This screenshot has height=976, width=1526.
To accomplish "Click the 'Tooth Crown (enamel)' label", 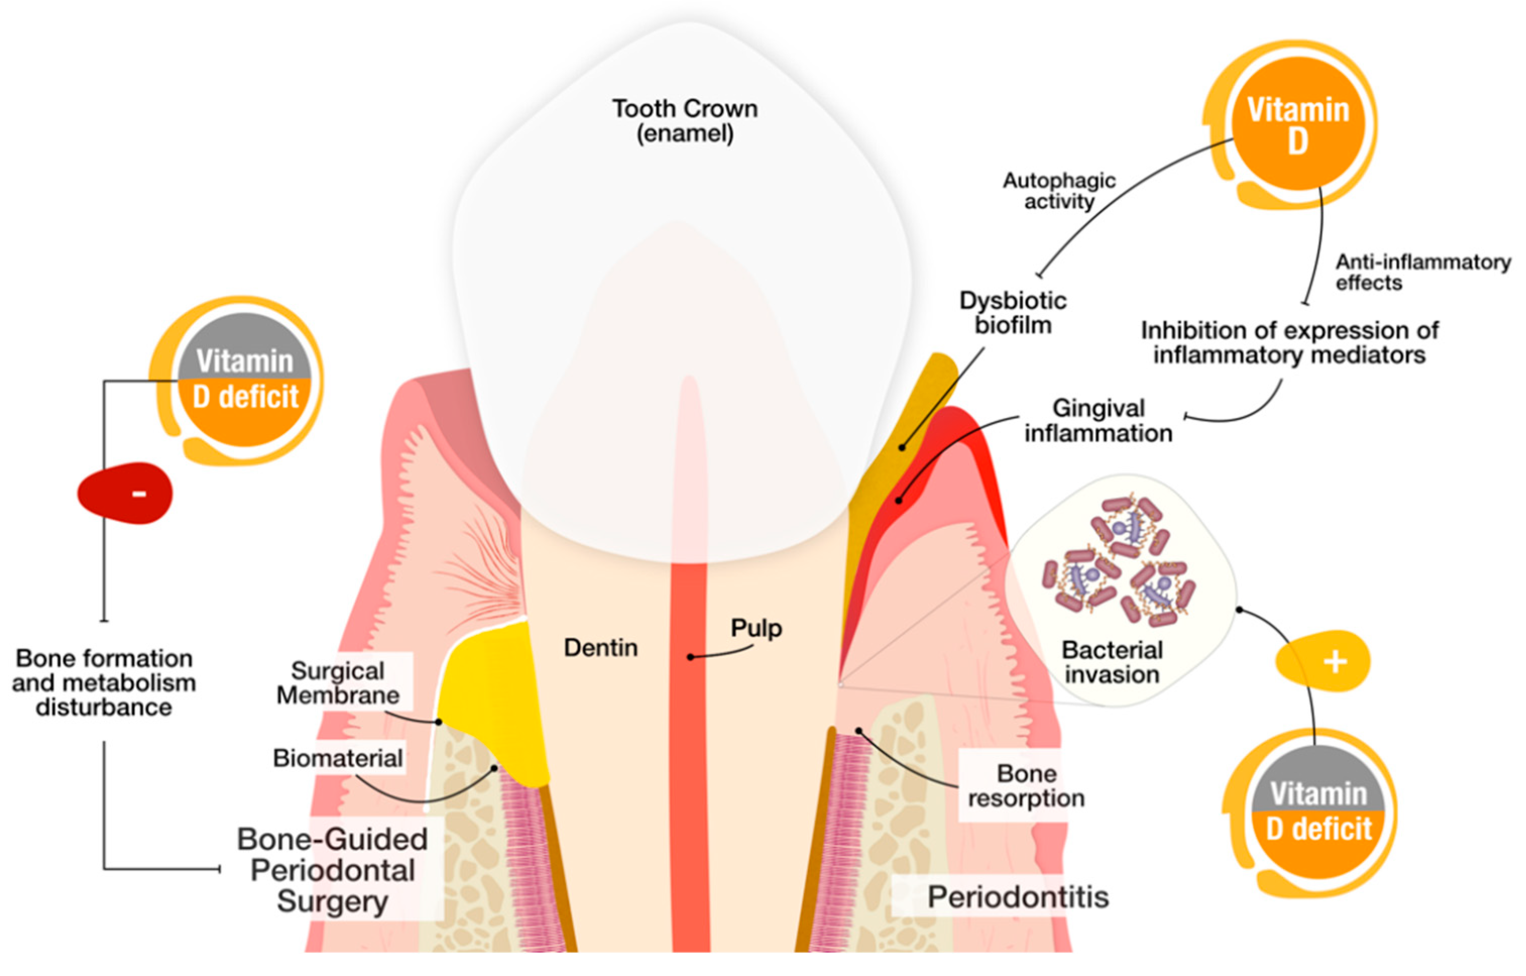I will click(684, 121).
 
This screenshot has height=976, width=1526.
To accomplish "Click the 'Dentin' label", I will click(600, 648).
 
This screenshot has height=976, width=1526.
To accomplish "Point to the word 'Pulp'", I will click(756, 628).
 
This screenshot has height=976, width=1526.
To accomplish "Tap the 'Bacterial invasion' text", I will click(1112, 662).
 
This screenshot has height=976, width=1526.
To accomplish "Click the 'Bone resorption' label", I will click(1026, 785).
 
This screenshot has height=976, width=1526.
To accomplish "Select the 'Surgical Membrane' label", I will click(338, 683).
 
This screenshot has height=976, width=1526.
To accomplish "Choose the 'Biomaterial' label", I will click(338, 758).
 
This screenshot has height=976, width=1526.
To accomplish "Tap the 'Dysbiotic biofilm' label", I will click(1013, 312).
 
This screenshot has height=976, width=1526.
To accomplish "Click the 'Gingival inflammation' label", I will click(1098, 421).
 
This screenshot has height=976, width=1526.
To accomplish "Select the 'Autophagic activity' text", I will click(1059, 191).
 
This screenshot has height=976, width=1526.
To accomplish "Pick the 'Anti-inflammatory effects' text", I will click(1423, 272).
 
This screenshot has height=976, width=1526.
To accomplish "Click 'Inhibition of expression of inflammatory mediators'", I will click(1289, 342).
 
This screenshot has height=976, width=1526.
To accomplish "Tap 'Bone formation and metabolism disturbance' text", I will click(104, 682).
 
